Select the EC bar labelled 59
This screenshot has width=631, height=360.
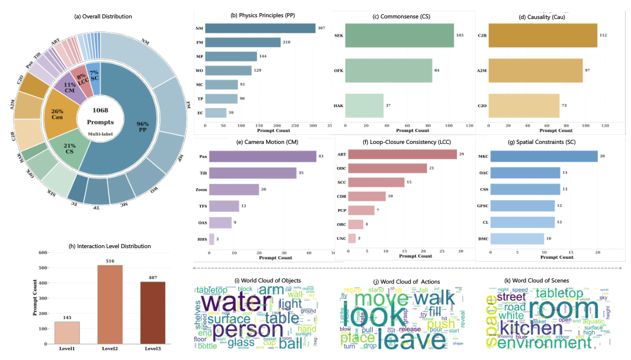(x=216, y=112)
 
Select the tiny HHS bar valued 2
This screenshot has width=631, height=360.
(x=211, y=240)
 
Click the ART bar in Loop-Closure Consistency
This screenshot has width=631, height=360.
(x=402, y=154)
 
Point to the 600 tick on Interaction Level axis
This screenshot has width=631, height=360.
(x=43, y=253)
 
